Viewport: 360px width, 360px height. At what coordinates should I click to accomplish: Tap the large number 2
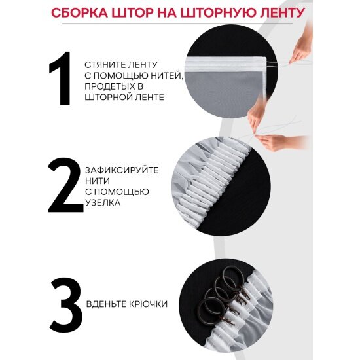click(x=65, y=185)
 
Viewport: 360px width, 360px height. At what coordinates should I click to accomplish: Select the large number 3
click(x=66, y=305)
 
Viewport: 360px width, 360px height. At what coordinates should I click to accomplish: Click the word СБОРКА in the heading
click(x=79, y=12)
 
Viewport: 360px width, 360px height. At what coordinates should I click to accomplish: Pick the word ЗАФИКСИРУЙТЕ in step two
click(x=122, y=170)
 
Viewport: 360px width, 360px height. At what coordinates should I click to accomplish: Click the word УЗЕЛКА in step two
click(x=103, y=203)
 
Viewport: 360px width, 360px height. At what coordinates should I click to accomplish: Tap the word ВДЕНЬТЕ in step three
click(x=105, y=304)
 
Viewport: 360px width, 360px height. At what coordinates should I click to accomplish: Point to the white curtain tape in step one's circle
click(x=225, y=64)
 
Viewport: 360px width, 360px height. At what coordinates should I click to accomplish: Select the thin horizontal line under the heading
click(x=177, y=24)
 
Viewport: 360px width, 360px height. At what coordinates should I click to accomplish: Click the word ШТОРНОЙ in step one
click(x=107, y=97)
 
